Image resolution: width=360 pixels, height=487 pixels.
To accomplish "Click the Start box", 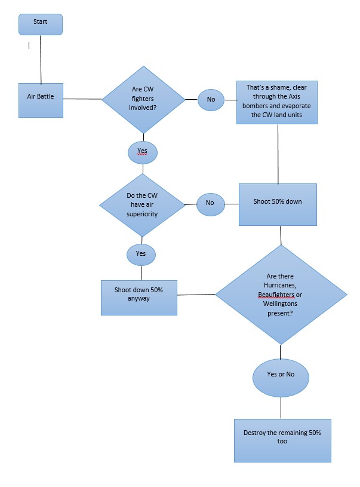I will click(x=41, y=24).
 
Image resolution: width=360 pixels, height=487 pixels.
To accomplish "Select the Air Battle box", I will click(x=41, y=100).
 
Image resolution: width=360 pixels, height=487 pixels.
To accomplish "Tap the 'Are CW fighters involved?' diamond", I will click(x=143, y=99).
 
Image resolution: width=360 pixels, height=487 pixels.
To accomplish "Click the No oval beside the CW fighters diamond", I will click(x=211, y=99).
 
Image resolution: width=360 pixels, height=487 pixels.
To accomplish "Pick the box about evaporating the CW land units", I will click(x=276, y=102).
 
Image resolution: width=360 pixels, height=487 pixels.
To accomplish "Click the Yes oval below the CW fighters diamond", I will click(x=142, y=152).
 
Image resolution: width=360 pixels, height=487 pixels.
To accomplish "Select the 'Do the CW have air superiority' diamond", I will click(x=142, y=204).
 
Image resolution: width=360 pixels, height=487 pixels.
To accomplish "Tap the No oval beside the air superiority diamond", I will click(x=210, y=203).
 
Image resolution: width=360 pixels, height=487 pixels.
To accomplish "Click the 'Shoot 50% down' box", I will click(x=277, y=204).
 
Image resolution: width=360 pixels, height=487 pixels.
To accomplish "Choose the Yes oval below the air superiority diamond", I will click(x=141, y=254).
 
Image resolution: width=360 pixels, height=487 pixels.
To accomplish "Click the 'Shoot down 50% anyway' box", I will click(x=139, y=297).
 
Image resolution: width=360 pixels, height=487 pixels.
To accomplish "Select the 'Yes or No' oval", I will click(x=281, y=376).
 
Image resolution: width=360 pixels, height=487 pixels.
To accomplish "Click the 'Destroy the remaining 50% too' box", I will click(x=282, y=440).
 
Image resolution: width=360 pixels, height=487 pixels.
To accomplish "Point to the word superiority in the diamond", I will click(x=142, y=213).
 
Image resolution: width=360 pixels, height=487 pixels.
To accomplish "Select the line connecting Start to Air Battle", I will click(x=41, y=60).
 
